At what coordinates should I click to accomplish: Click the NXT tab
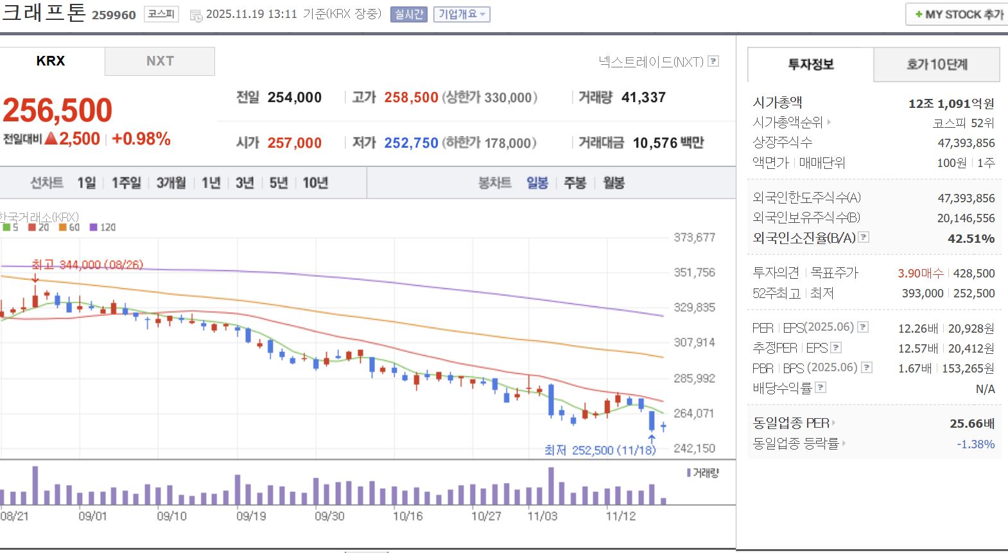coord(160,61)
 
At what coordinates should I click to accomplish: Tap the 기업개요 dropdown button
coord(462,14)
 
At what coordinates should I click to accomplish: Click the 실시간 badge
coord(409,14)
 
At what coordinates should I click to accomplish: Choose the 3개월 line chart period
coord(171,183)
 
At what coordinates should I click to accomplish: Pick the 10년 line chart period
coord(315,183)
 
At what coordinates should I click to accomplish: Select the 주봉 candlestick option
coord(575,183)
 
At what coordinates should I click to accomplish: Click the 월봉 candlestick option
coord(614,183)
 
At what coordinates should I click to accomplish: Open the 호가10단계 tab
coord(937,64)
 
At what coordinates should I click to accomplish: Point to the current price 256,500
coord(58,110)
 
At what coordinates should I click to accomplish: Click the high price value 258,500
coord(411,98)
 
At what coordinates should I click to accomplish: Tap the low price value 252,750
coord(411,143)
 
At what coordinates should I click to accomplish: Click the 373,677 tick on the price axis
coord(694,238)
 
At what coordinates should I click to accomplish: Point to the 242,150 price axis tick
coord(694,448)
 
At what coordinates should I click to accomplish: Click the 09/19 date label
coord(251,516)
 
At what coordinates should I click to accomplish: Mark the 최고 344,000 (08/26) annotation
coord(87,265)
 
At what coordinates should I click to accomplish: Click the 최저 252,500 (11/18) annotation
coord(600,450)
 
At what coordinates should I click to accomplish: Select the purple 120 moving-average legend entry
coord(103,227)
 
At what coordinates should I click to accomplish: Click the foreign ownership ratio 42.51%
coord(971,239)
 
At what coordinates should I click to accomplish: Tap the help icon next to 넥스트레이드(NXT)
coord(713,62)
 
